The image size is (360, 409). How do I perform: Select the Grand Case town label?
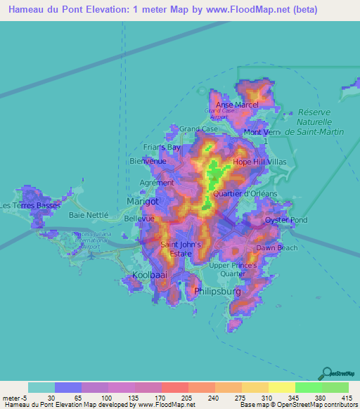pos(198,129)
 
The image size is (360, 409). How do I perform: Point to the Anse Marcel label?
pos(237,105)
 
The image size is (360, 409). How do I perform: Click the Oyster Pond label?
pos(286,221)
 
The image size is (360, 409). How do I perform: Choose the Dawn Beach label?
pos(276,248)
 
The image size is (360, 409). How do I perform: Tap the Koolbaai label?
pos(150,275)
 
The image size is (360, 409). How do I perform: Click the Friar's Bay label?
pos(161,148)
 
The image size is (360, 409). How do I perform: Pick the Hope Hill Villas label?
pos(262,161)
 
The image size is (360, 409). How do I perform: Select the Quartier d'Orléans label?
pos(245,193)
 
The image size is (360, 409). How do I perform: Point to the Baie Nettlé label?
pos(88,214)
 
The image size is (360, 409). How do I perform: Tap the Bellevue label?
pos(139,219)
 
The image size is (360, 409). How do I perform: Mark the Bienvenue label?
pos(148,161)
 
